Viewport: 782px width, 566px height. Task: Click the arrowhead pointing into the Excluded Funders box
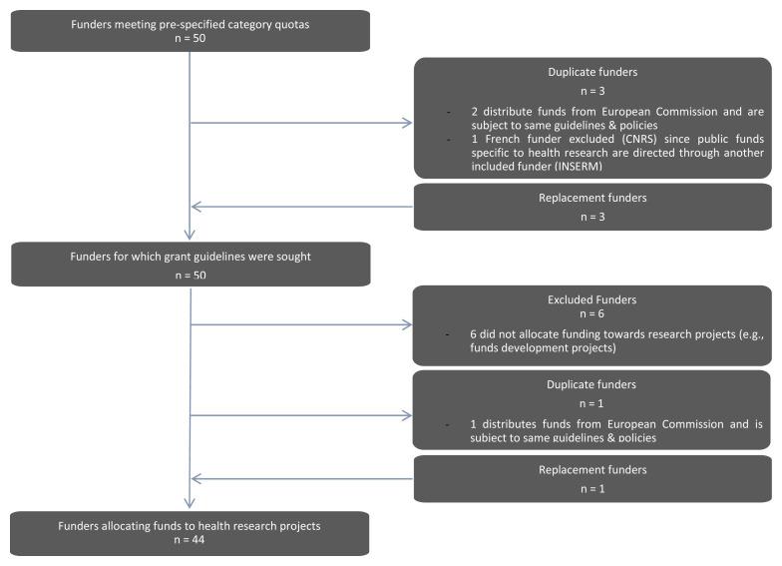[x=407, y=324]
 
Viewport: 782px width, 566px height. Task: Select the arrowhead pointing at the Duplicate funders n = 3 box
[x=407, y=124]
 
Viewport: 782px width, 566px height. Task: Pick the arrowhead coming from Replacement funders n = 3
[x=195, y=208]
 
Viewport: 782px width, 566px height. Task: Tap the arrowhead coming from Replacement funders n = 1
[x=195, y=478]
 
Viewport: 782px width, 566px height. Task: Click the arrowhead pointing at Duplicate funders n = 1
[x=407, y=414]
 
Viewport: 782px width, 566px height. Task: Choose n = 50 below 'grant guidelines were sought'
[x=190, y=274]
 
